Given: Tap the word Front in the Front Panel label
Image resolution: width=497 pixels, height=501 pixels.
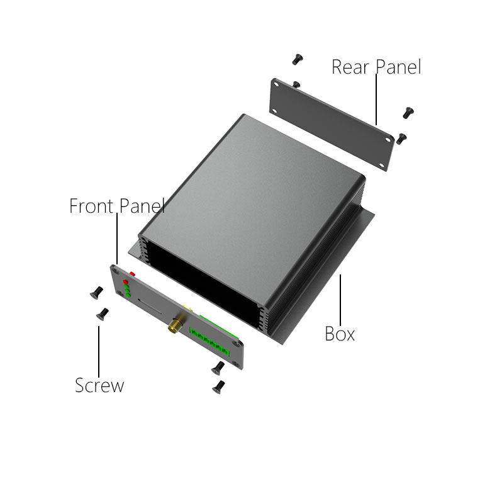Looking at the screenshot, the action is click(x=91, y=206).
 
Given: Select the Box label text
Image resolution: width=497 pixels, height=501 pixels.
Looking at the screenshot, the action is click(x=340, y=334).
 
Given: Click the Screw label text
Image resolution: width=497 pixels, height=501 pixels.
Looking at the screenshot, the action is click(x=99, y=385).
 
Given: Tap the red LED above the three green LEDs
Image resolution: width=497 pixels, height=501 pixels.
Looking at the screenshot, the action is click(x=126, y=282).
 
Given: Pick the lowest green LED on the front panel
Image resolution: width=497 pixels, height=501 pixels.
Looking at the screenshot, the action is click(x=128, y=295).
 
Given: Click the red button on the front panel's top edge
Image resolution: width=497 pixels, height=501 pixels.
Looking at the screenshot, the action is click(x=132, y=274).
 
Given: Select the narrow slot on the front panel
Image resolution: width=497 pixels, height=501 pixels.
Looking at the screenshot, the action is click(x=150, y=306).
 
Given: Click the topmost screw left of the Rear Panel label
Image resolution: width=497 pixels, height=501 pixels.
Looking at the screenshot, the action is click(x=298, y=59).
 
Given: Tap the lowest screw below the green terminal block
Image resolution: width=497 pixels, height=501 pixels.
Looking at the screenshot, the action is click(x=219, y=387).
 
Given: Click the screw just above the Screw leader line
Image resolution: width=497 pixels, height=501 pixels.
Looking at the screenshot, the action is click(x=103, y=314).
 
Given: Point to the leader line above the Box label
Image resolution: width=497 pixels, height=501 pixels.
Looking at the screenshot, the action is click(x=340, y=300).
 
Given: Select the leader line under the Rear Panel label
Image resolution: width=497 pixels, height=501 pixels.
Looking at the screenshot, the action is click(x=376, y=99).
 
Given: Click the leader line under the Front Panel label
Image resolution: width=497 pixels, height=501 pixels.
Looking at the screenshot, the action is click(x=117, y=239).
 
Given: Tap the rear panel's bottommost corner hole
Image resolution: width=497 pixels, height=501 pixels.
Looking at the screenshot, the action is click(x=381, y=166).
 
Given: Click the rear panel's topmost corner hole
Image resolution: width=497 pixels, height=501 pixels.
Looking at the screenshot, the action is click(x=276, y=85).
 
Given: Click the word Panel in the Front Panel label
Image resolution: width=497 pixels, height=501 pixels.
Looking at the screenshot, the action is click(x=142, y=206).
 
